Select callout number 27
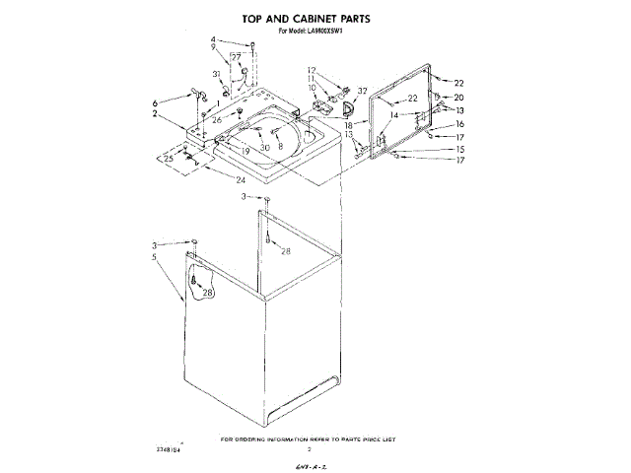coord(236,58)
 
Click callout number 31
coord(216,74)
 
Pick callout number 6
coord(155,102)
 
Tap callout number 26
coord(217,119)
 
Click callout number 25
coord(168,158)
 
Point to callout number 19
coord(245,150)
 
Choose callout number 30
coord(265,147)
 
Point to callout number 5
coord(155,258)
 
